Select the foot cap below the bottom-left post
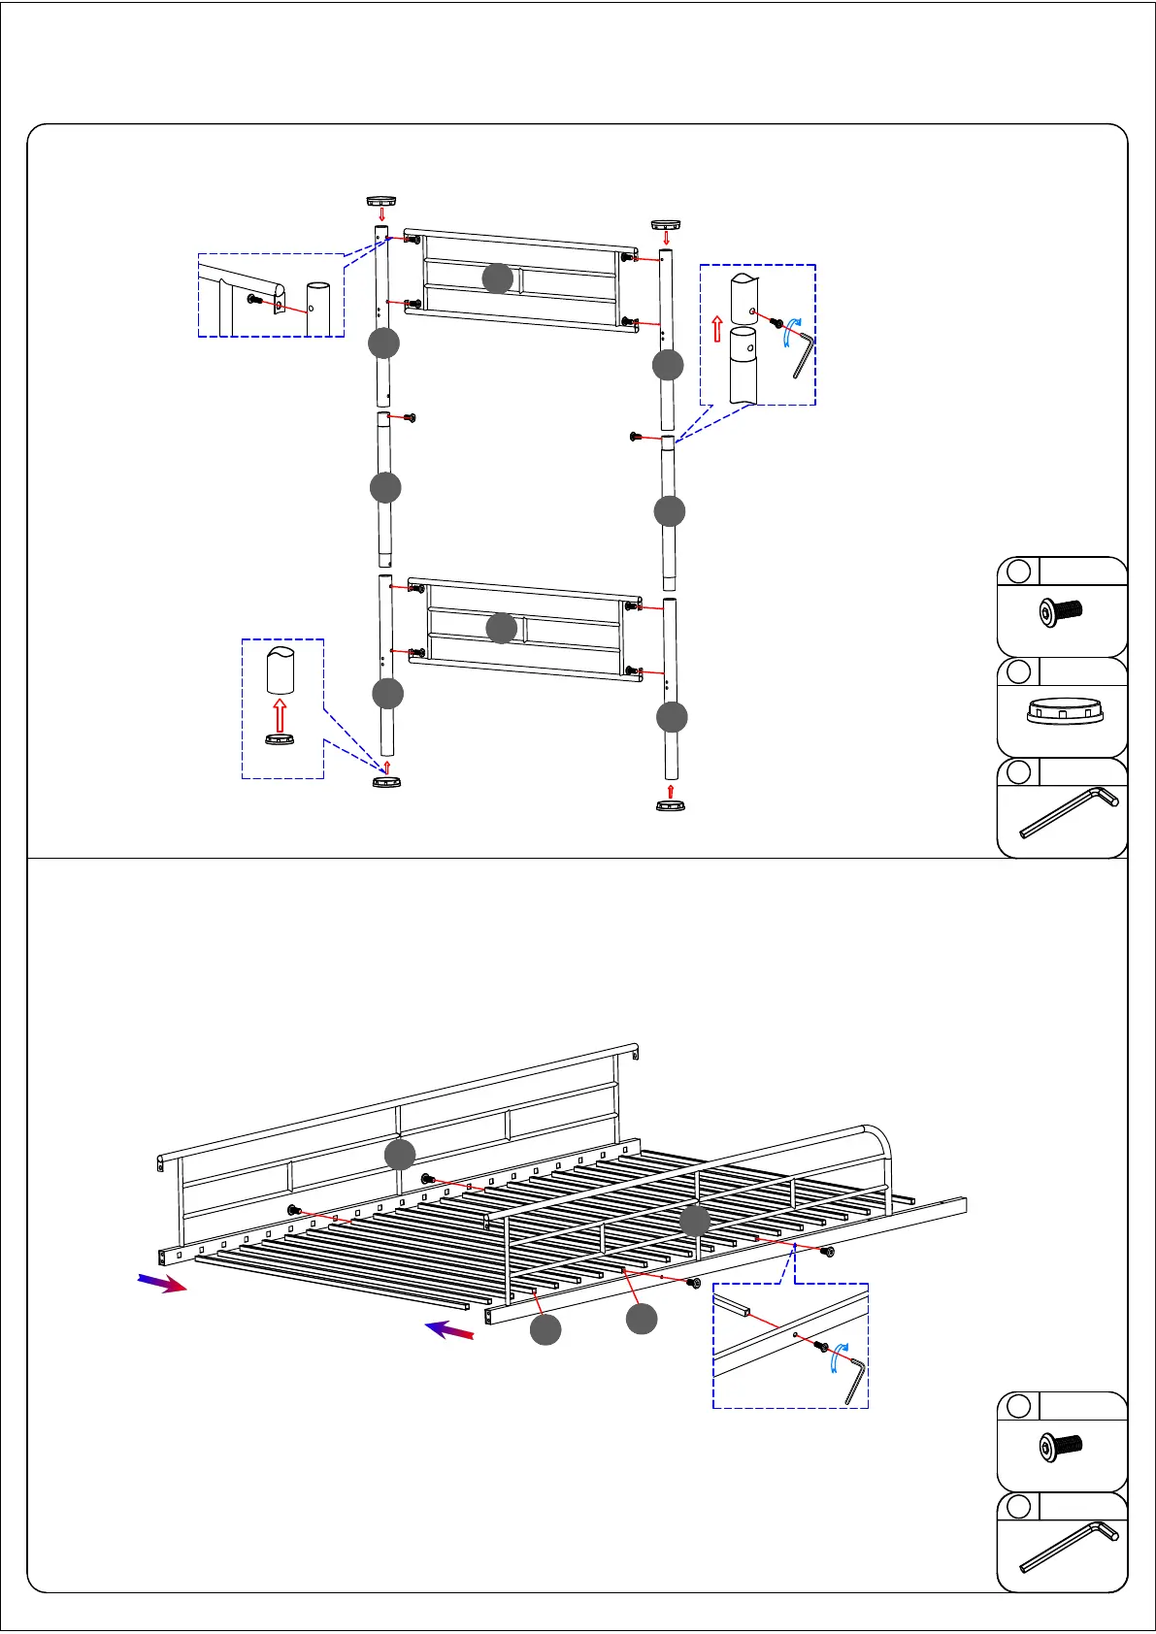pyautogui.click(x=386, y=781)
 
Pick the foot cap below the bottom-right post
pyautogui.click(x=670, y=805)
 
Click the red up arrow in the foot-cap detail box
pyautogui.click(x=280, y=715)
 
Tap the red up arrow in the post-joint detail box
pyautogui.click(x=717, y=329)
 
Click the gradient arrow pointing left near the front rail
pyautogui.click(x=449, y=1330)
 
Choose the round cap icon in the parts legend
pyautogui.click(x=1065, y=712)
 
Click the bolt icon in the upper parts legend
pyautogui.click(x=1060, y=613)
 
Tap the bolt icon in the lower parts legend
pyautogui.click(x=1060, y=1448)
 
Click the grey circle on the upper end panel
pyautogui.click(x=498, y=278)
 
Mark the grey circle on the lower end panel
pyautogui.click(x=501, y=628)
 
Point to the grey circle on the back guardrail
pyautogui.click(x=400, y=1155)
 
